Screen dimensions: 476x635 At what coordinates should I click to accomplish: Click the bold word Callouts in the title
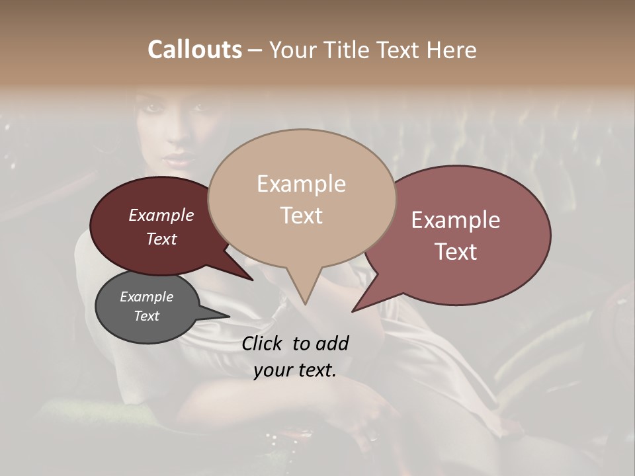pyautogui.click(x=194, y=50)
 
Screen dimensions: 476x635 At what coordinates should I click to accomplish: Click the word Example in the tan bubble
pyautogui.click(x=301, y=184)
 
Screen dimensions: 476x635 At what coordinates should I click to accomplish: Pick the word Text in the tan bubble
pyautogui.click(x=301, y=216)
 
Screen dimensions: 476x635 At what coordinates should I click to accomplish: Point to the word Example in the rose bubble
pyautogui.click(x=456, y=220)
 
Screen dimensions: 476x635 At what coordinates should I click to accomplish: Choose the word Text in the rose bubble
pyautogui.click(x=456, y=252)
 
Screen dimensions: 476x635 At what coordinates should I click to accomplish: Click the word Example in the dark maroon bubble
pyautogui.click(x=161, y=215)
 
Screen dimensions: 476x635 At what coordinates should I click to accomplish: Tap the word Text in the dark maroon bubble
pyautogui.click(x=161, y=239)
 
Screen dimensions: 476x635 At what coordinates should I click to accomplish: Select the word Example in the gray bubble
pyautogui.click(x=146, y=297)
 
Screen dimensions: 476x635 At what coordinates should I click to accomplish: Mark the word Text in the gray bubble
pyautogui.click(x=146, y=316)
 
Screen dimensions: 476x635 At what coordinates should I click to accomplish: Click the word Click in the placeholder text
pyautogui.click(x=263, y=343)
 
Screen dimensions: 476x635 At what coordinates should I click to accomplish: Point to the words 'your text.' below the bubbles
pyautogui.click(x=294, y=370)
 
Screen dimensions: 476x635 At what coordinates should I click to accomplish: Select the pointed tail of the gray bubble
pyautogui.click(x=222, y=315)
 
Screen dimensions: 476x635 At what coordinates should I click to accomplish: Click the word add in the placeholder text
pyautogui.click(x=331, y=343)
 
